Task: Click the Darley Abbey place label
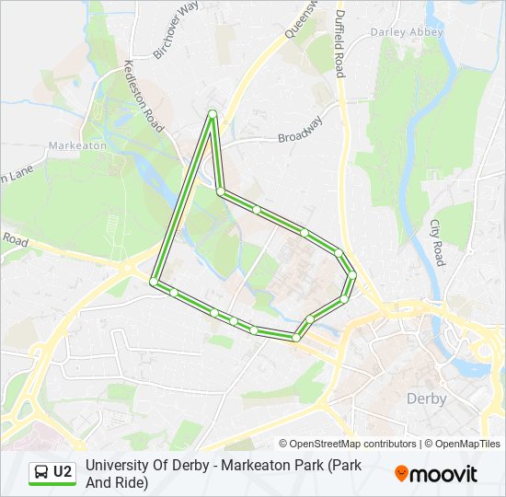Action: coord(407,32)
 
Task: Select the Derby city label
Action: coord(426,399)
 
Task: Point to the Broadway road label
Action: coord(301,129)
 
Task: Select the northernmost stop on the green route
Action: coord(213,114)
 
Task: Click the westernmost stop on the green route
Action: coord(154,281)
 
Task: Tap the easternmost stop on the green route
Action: coord(352,274)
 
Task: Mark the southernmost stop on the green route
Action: coord(295,338)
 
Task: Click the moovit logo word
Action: coord(444,474)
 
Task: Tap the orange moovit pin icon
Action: coord(401,474)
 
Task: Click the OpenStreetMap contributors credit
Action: coord(348,444)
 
